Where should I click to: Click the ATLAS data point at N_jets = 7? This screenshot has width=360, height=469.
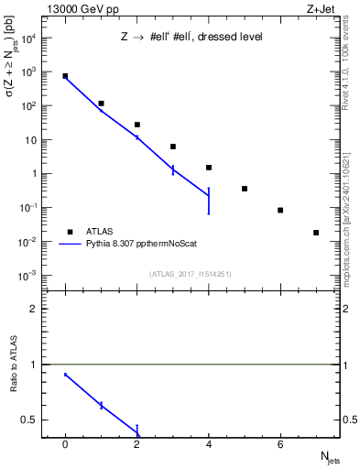(316, 233)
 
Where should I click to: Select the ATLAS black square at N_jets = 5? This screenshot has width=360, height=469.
(245, 189)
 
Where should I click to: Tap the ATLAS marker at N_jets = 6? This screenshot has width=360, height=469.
(280, 210)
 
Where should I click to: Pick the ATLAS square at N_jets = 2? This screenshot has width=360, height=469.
(136, 125)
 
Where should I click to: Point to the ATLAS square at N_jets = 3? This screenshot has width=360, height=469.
(173, 147)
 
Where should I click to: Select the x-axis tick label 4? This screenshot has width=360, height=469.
(209, 444)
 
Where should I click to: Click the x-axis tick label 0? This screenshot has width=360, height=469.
(65, 444)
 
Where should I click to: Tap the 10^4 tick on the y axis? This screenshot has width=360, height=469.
(31, 38)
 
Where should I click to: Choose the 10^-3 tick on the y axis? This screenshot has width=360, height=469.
(31, 276)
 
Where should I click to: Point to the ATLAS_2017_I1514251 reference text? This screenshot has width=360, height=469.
(191, 274)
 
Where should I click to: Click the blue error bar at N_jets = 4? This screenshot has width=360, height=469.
(209, 201)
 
